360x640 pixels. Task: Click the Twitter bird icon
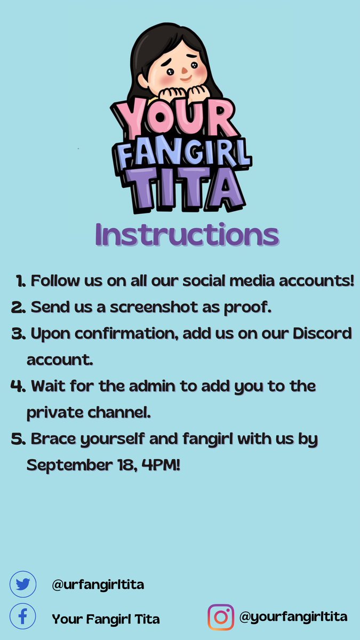[x=22, y=584]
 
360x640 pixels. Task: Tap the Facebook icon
[x=22, y=618]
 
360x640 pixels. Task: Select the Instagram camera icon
[x=221, y=618]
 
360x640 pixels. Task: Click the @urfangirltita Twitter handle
[x=98, y=585]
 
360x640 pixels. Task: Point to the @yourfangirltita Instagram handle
[x=293, y=617]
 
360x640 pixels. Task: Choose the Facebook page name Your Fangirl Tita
[x=106, y=619]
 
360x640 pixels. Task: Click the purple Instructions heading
[x=187, y=234]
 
